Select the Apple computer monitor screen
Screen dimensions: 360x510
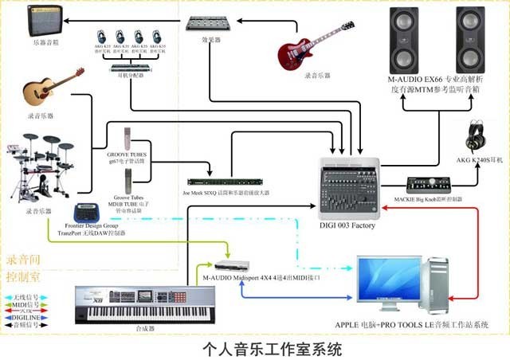(x=390, y=279)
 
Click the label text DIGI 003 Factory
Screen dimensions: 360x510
(x=347, y=226)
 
